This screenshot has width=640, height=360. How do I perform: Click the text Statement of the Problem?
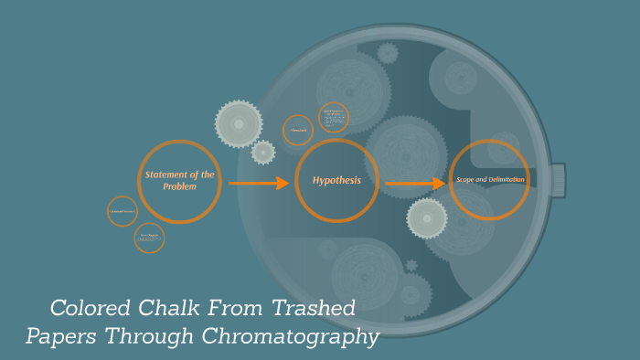179,180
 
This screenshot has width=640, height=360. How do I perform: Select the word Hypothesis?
336,181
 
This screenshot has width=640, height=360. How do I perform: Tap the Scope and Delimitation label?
490,180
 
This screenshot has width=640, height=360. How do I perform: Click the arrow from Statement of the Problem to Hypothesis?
259,184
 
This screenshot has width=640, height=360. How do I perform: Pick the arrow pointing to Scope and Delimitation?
415,185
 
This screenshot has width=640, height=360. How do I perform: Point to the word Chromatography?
301,336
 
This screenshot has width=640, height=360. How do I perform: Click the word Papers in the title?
62,336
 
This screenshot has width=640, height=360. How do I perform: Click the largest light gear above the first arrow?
239,124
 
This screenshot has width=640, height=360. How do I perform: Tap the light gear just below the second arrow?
427,218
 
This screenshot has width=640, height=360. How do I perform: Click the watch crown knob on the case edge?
557,180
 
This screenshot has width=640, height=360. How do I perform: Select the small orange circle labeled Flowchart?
298,131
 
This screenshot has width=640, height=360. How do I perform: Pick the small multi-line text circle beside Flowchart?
334,117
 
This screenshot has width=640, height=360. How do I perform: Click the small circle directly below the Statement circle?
149,238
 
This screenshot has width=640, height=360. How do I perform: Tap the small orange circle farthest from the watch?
123,211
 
